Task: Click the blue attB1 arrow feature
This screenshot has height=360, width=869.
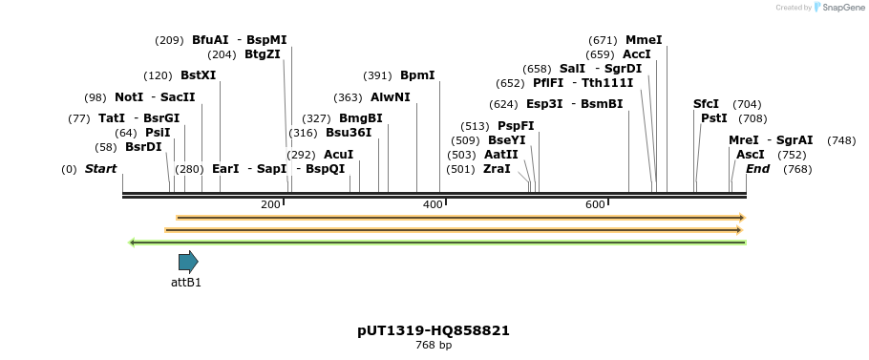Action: pos(188,262)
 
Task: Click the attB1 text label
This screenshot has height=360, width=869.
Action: pos(186,283)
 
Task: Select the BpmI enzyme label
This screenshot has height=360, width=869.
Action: pos(417,75)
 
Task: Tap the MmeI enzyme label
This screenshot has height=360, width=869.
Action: pos(644,40)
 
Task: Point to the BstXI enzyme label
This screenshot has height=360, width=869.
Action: pos(199,75)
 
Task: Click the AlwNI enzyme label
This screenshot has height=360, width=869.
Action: pos(391,97)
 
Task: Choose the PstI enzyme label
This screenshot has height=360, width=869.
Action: pos(714,118)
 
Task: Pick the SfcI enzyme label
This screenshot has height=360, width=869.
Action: pos(707,104)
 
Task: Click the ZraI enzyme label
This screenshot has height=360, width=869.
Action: pos(497,169)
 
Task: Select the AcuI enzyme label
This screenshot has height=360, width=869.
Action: pos(339,155)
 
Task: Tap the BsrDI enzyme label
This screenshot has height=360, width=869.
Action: pos(144,147)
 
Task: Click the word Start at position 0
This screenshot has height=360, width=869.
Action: pos(100,169)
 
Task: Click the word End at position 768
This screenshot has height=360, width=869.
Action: pos(757,169)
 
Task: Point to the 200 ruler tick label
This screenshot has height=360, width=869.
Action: pos(270,205)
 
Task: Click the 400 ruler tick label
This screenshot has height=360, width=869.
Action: pos(433,205)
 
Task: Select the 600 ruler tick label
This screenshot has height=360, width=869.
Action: pos(595,205)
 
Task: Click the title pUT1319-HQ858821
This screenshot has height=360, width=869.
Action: pos(434,330)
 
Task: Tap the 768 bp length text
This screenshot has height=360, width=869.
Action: pos(434,346)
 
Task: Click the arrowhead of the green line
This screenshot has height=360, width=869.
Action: pos(133,243)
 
